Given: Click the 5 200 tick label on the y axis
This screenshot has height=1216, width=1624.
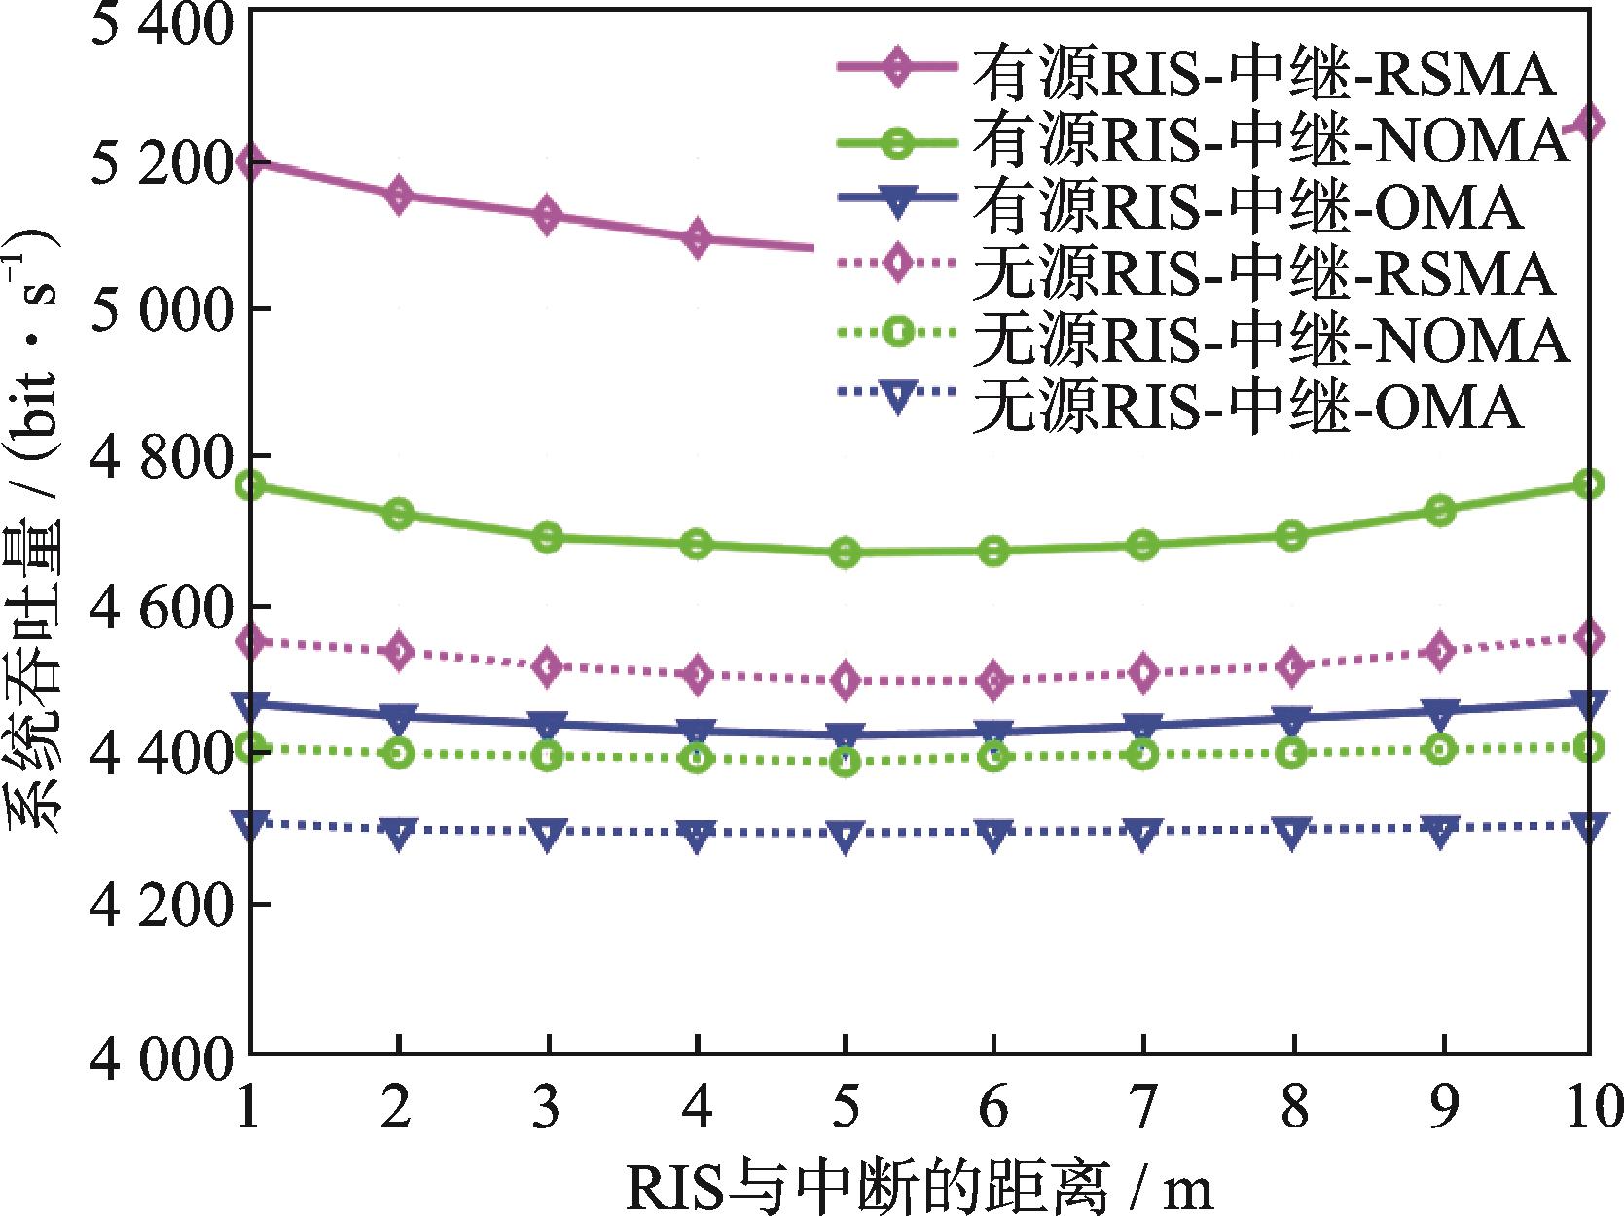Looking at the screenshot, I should tap(162, 161).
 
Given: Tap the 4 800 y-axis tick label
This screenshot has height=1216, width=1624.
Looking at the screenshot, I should tap(162, 456).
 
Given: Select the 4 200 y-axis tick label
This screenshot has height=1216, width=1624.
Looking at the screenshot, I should tap(162, 905).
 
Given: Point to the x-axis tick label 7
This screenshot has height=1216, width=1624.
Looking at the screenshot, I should tap(1143, 1106).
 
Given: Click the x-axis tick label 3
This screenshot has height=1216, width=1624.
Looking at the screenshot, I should tap(548, 1106).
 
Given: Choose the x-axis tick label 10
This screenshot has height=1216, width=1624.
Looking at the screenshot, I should tap(1588, 1106).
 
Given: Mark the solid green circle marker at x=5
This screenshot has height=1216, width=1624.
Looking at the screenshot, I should tap(846, 554).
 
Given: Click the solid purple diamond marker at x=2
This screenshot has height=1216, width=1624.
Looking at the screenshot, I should tap(398, 196).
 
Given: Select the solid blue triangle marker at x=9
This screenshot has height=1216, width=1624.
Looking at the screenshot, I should tap(1440, 711).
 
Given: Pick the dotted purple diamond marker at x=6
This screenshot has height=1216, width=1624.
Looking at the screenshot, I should tap(993, 680).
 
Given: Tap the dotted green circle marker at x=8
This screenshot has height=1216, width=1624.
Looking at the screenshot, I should tap(1291, 752).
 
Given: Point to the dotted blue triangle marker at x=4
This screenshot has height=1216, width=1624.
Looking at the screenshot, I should tap(697, 834).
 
